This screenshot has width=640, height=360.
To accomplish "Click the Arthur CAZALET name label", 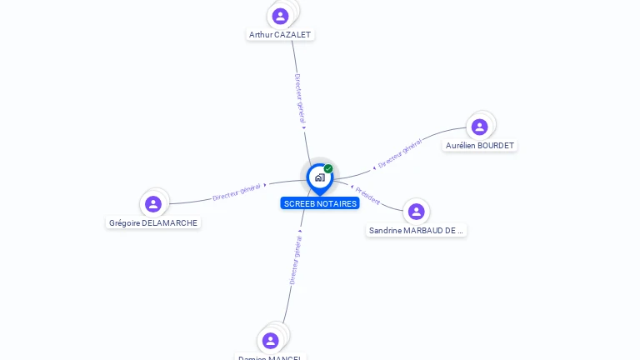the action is pyautogui.click(x=281, y=35).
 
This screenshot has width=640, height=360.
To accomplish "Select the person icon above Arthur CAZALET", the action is pyautogui.click(x=280, y=16).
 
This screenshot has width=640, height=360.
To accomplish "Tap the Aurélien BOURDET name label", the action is pyautogui.click(x=479, y=145).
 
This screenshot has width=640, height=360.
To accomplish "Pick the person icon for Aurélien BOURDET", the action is pyautogui.click(x=479, y=127).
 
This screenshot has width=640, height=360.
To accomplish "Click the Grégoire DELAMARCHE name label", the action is pyautogui.click(x=154, y=222).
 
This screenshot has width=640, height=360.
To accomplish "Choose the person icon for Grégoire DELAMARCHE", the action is pyautogui.click(x=152, y=204).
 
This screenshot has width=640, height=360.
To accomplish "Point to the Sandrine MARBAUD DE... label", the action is pyautogui.click(x=416, y=230).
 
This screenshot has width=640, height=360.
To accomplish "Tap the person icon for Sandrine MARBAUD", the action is pyautogui.click(x=416, y=212).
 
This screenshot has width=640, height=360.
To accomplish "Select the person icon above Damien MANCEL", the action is pyautogui.click(x=270, y=340).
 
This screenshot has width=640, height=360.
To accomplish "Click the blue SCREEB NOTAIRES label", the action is pyautogui.click(x=320, y=203).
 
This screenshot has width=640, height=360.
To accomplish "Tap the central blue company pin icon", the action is pyautogui.click(x=319, y=177).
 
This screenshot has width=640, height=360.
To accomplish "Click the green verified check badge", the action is pyautogui.click(x=328, y=169).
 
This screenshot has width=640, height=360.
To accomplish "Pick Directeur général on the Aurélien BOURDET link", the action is pyautogui.click(x=400, y=155).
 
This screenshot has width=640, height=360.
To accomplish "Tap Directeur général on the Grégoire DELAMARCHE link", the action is pyautogui.click(x=237, y=192).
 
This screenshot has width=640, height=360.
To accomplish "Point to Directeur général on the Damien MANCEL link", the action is pyautogui.click(x=295, y=261).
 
